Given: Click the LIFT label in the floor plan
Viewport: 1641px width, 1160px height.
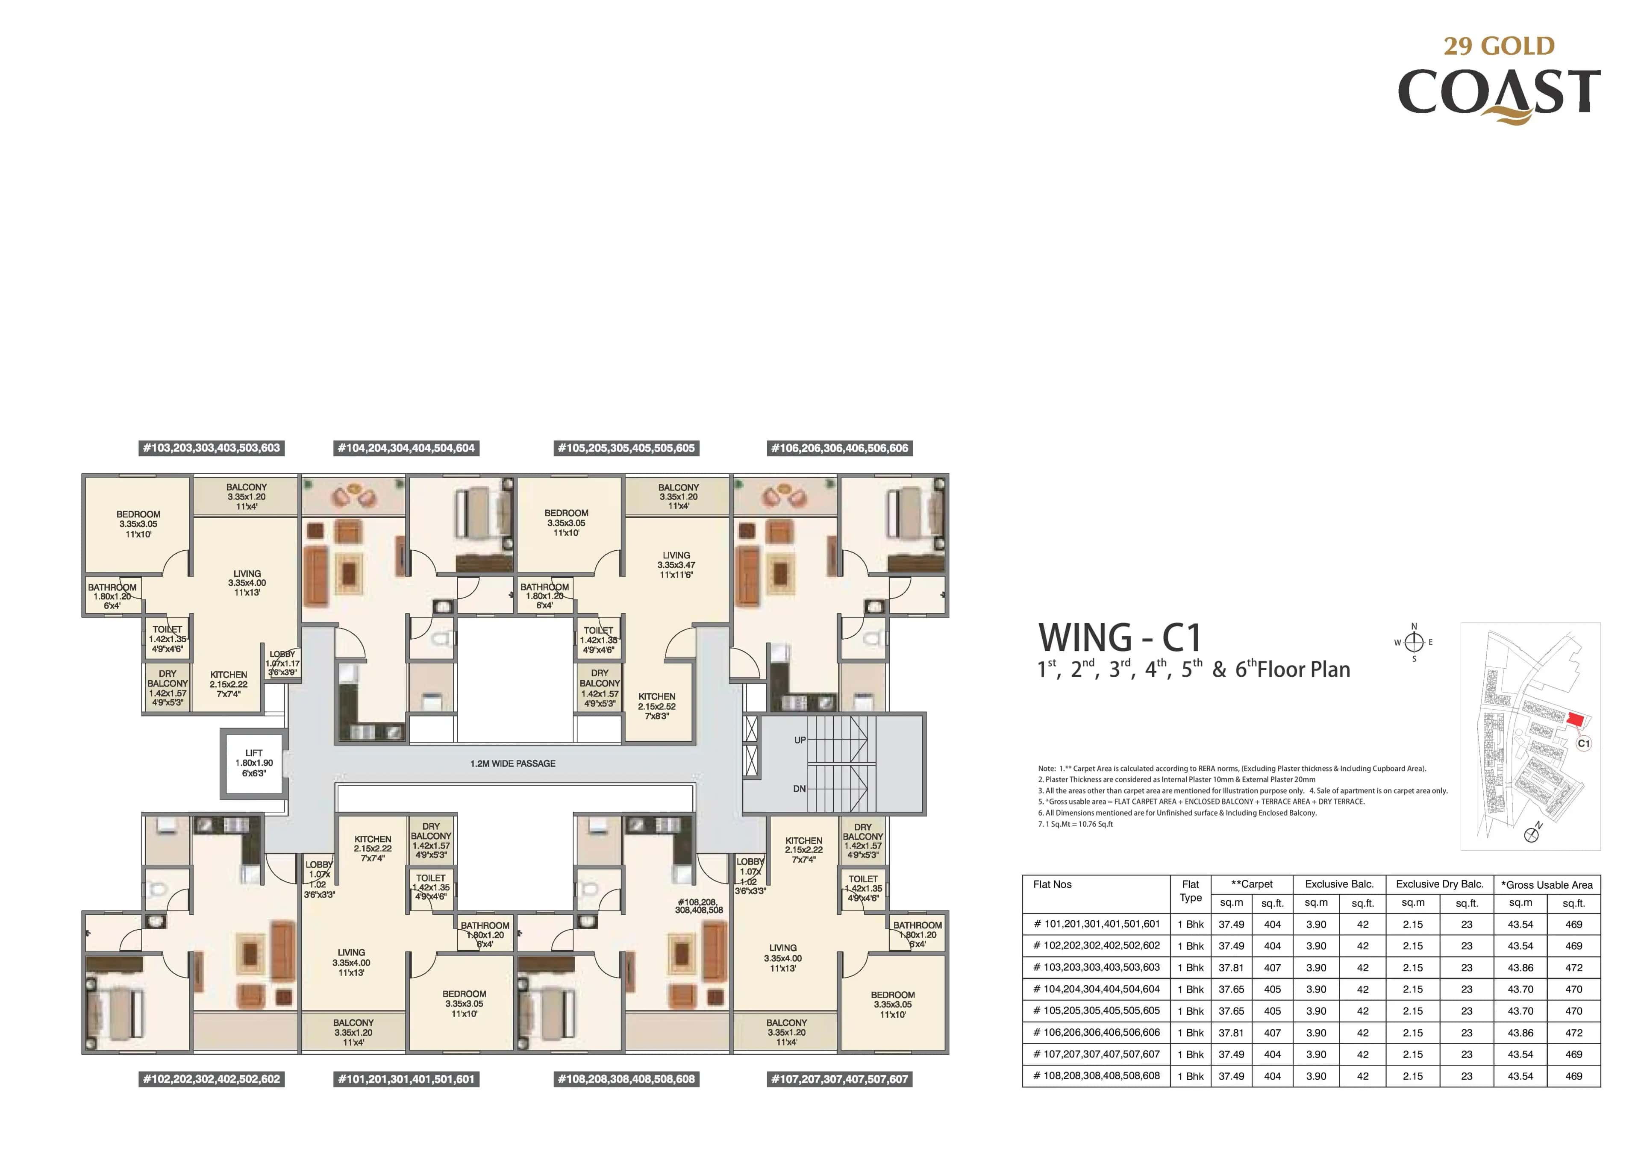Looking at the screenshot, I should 254,752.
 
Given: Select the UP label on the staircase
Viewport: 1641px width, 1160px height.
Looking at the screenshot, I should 800,740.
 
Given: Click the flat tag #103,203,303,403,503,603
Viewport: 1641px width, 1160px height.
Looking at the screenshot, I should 212,448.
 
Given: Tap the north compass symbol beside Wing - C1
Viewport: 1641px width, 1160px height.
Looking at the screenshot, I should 1414,642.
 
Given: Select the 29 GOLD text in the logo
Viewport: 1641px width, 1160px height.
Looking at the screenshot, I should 1499,46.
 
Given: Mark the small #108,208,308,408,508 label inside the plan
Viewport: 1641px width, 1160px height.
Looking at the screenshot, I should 699,905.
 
